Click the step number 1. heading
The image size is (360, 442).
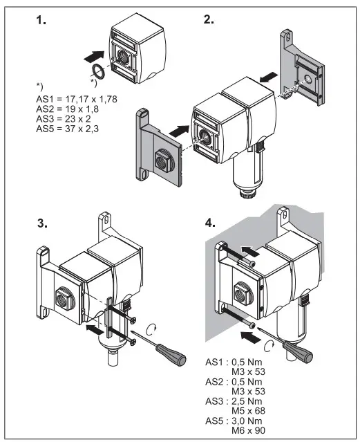[x=41, y=20]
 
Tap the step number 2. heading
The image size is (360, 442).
[x=209, y=19]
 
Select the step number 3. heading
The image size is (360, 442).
[x=43, y=223]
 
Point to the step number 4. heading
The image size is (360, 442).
[x=210, y=223]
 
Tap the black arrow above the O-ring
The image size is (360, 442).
[x=94, y=57]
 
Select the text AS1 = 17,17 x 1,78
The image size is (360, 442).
[x=77, y=99]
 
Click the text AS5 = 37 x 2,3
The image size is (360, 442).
[x=67, y=129]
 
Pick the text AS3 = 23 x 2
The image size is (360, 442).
[x=64, y=119]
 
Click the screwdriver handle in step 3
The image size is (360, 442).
[x=171, y=353]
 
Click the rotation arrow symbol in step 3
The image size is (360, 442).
[x=152, y=329]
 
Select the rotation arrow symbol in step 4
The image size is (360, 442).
[x=269, y=346]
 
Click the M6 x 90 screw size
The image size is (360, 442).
[x=249, y=430]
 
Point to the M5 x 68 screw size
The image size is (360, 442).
[x=249, y=411]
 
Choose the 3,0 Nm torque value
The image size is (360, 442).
[x=247, y=421]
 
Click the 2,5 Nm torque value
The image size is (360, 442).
[x=247, y=401]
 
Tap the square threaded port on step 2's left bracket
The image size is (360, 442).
[x=163, y=161]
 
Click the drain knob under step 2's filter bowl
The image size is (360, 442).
[x=247, y=194]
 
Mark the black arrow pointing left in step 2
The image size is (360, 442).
[x=269, y=77]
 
